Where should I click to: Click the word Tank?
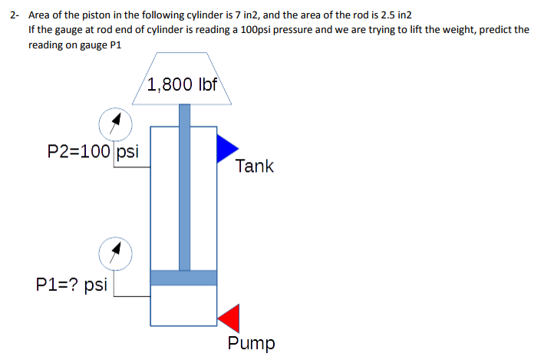254,166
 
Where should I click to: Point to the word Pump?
251,342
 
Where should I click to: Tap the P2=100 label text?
80,150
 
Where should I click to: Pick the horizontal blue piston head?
183,278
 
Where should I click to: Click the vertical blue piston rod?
184,192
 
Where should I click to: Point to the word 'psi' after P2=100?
127,150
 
